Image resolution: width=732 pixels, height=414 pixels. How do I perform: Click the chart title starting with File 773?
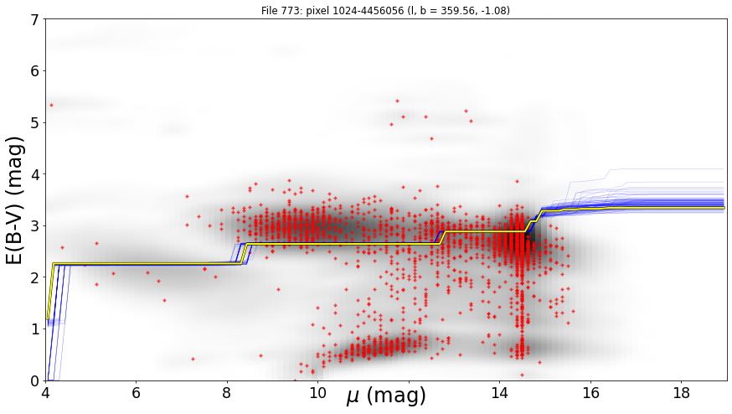click(385, 10)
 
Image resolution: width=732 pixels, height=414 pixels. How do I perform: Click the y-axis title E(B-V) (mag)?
click(15, 200)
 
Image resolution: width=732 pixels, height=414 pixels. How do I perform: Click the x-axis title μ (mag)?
click(386, 396)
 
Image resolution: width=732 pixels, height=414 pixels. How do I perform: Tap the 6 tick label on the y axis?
click(35, 71)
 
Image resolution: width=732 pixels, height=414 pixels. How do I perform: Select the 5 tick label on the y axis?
click(35, 123)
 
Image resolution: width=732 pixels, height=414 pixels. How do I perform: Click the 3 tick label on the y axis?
click(35, 226)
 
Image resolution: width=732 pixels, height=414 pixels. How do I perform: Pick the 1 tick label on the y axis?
click(35, 329)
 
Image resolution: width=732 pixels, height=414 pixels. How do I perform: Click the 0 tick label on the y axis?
click(35, 381)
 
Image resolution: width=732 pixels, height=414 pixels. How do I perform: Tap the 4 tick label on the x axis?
click(45, 393)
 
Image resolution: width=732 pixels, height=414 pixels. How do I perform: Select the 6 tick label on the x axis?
click(136, 393)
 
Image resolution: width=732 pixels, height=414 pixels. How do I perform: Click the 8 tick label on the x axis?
click(227, 393)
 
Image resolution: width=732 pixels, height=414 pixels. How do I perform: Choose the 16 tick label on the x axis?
click(590, 393)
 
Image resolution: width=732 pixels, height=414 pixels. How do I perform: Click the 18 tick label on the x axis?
click(682, 393)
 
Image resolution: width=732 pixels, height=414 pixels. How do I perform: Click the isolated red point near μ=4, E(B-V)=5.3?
click(51, 105)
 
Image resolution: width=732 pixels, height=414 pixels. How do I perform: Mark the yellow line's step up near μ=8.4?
click(244, 253)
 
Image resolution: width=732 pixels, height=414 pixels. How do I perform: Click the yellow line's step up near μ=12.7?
click(441, 237)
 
